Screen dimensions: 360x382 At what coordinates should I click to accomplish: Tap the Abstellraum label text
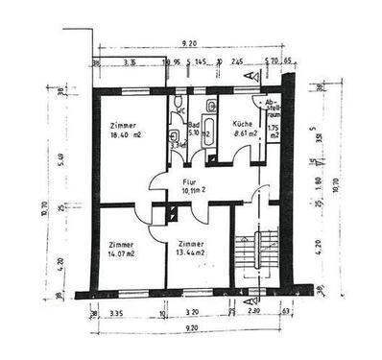(274, 109)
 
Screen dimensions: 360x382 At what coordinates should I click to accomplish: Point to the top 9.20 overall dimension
(188, 43)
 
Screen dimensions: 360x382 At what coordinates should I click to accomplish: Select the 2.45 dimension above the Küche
(238, 62)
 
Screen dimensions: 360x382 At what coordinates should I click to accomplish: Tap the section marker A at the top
(248, 74)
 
